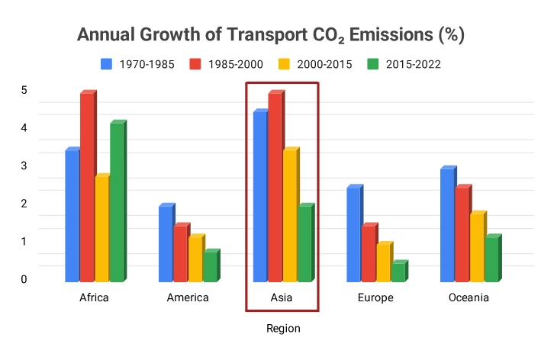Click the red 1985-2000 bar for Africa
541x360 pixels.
pos(87,188)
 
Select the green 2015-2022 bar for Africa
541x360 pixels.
pos(117,203)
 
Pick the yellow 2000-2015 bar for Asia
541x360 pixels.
pos(290,216)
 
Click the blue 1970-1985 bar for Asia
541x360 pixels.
pos(260,197)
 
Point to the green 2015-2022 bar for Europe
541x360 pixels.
pos(398,272)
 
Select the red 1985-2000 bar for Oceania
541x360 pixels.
pos(462,234)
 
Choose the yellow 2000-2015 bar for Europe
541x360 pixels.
pos(383,263)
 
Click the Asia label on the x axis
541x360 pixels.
pos(282,297)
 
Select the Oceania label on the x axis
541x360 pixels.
pos(469,297)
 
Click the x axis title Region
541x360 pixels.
pos(283,329)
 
